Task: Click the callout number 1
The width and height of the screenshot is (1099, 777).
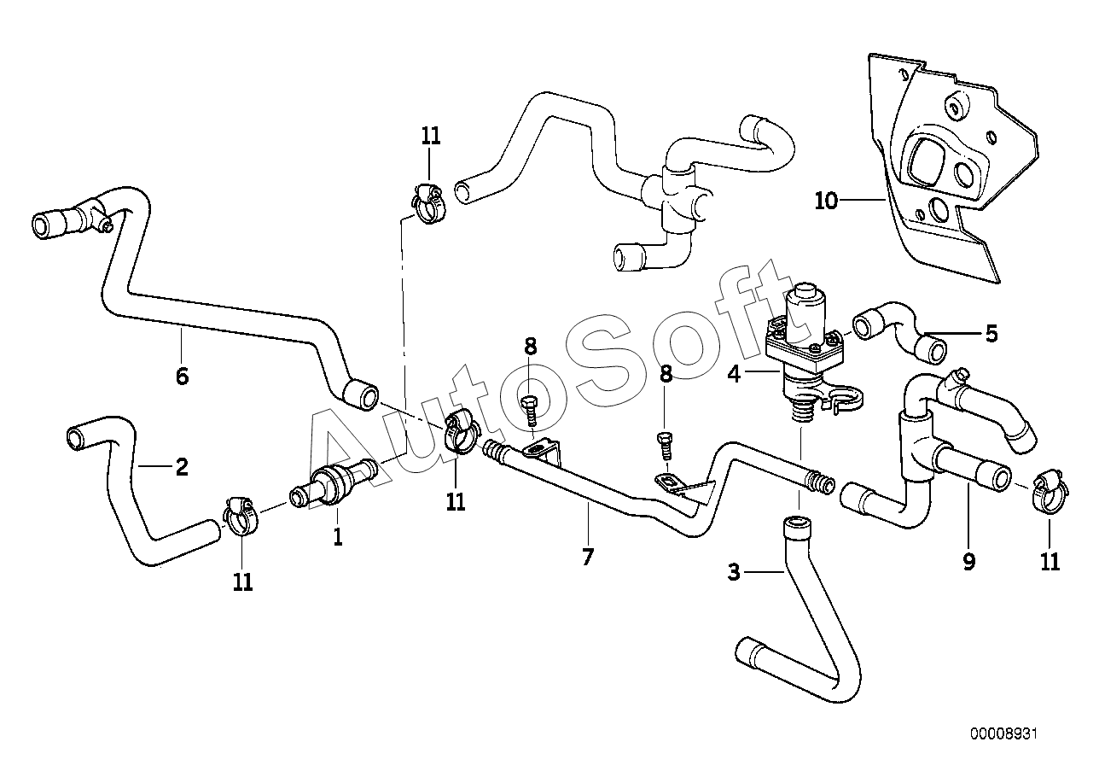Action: [x=338, y=537]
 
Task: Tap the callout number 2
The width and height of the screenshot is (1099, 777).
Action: [x=182, y=467]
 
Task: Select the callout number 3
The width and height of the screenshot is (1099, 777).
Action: [x=734, y=572]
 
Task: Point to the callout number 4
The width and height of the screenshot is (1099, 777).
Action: [x=734, y=374]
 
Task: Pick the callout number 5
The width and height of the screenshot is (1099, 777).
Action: [x=991, y=333]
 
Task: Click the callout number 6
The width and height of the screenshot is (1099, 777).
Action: [x=182, y=377]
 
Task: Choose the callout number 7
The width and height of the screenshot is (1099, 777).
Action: [x=588, y=557]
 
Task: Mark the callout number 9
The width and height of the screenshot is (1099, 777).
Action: [x=969, y=562]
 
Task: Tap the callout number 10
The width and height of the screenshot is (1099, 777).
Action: [x=826, y=201]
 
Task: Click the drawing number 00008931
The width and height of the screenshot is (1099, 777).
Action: [x=1003, y=748]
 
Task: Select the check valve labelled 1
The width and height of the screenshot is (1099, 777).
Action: [x=333, y=484]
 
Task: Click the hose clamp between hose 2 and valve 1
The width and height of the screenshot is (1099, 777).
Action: [x=241, y=516]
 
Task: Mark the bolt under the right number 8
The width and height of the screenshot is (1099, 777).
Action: [x=666, y=445]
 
